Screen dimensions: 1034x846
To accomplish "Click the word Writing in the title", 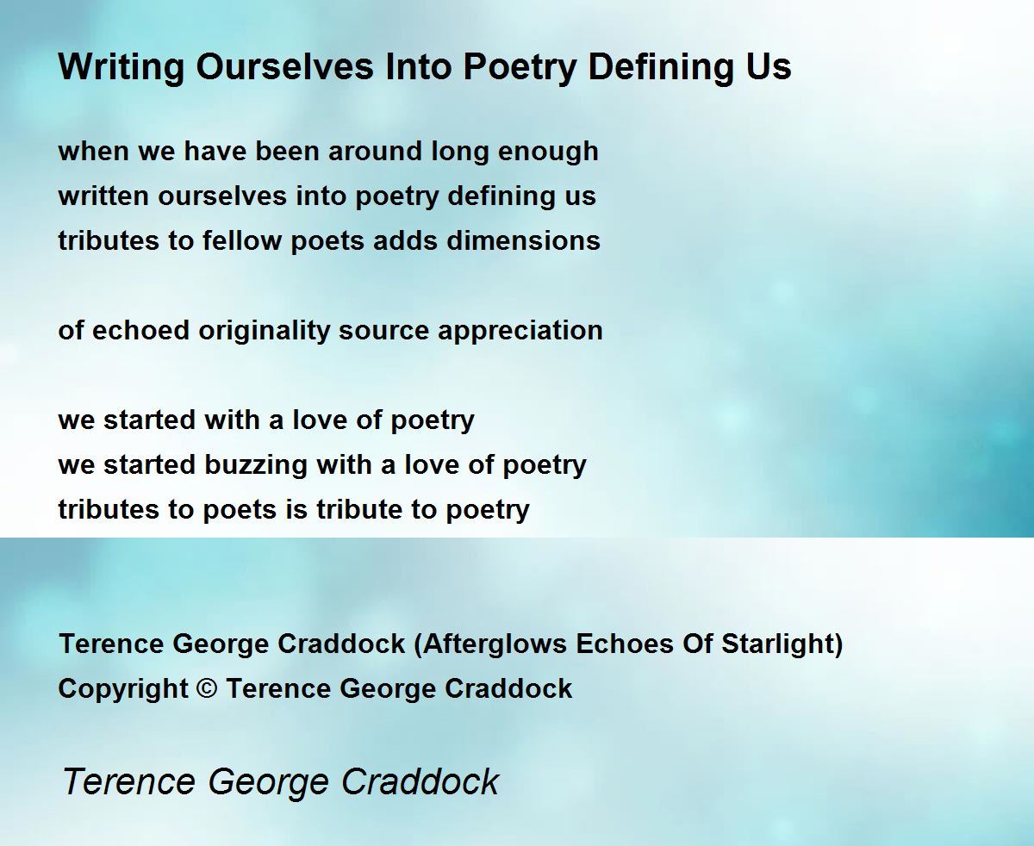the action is (x=121, y=67).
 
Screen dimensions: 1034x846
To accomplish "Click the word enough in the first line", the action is (x=548, y=152).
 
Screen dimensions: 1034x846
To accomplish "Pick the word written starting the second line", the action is (x=103, y=196).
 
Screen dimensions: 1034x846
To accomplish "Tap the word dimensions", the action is (x=523, y=240).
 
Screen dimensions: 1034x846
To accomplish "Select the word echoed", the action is (x=140, y=330).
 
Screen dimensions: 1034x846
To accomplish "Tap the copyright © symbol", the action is (x=207, y=688).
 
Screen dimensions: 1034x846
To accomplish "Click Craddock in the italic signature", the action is (x=420, y=781).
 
